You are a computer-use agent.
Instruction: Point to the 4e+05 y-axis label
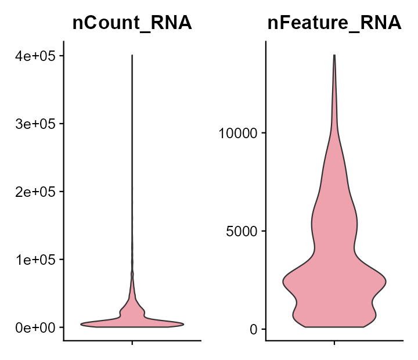coord(34,56)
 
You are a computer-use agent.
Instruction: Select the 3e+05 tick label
coord(34,124)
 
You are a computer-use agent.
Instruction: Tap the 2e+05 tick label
coord(34,192)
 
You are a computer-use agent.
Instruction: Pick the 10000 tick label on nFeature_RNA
coord(240,133)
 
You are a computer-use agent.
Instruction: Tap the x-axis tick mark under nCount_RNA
coord(132,343)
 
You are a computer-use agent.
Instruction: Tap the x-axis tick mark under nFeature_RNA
coord(334,343)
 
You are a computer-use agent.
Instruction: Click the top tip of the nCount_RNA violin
coord(132,56)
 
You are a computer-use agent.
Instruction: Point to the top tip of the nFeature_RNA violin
coord(334,55)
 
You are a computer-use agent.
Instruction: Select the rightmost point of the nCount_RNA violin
coord(183,324)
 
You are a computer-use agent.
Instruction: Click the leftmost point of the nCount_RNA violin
coord(81,324)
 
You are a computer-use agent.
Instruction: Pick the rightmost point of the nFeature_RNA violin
coord(385,282)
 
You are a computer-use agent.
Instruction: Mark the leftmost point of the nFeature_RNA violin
coord(283,282)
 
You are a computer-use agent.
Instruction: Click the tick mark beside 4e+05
coord(61,56)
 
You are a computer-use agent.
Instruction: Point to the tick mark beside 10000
coord(264,133)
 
